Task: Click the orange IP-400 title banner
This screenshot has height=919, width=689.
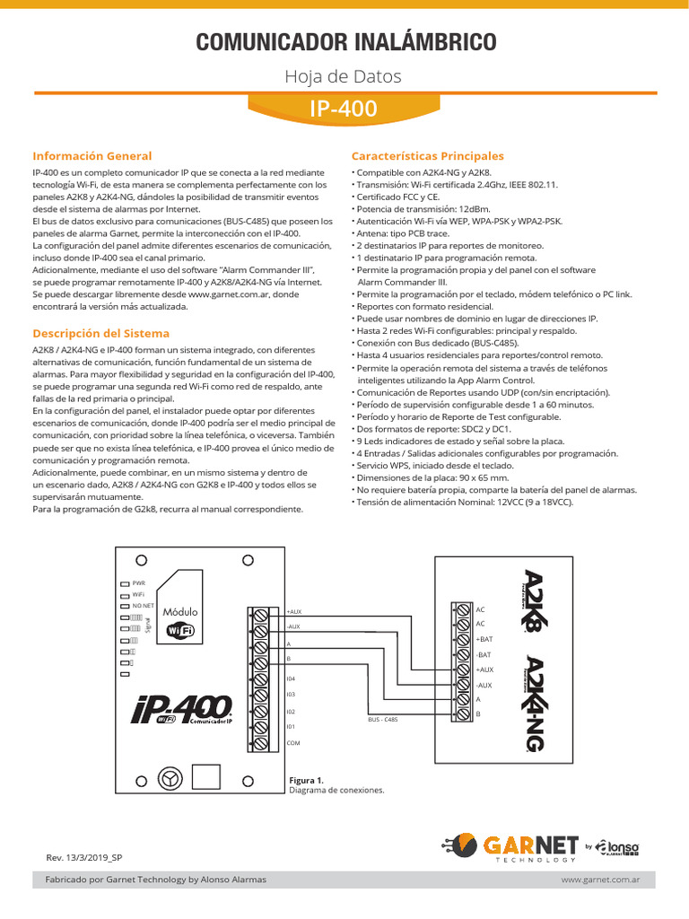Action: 344,109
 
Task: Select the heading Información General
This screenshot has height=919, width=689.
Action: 92,155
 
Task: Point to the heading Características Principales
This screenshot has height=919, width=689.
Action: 428,155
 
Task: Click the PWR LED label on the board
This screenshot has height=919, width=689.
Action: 138,582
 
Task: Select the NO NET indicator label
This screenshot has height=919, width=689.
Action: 144,606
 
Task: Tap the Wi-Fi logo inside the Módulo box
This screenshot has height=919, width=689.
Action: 180,631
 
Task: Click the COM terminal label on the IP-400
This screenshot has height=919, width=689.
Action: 293,743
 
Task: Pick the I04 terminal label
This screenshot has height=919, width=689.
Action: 291,678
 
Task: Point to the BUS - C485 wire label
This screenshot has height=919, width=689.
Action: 383,720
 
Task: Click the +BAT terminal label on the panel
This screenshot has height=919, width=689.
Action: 484,639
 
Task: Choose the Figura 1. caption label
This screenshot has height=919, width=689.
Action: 306,780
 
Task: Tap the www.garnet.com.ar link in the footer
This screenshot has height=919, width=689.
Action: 600,880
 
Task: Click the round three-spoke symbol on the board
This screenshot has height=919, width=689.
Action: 168,777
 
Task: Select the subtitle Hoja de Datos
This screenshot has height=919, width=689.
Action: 344,76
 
